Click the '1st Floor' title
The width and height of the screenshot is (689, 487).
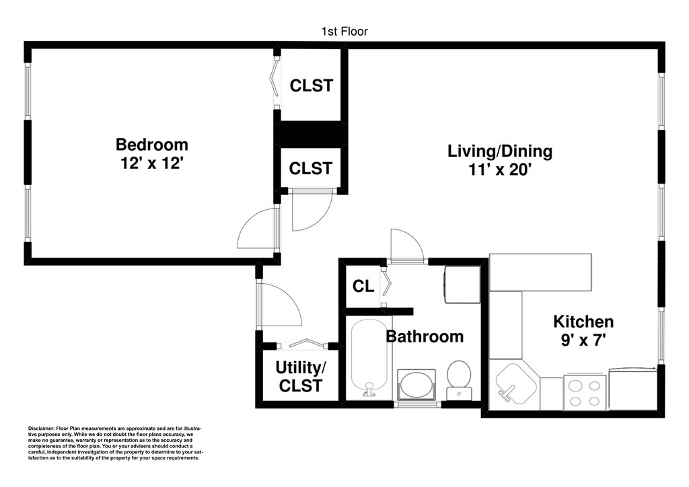coord(344,32)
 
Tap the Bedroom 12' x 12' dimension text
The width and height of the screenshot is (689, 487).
coord(151,163)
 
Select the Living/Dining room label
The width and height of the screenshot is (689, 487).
coord(500,151)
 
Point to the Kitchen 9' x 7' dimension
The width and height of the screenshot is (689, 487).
coord(583,340)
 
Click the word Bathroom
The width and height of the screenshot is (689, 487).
coord(425,337)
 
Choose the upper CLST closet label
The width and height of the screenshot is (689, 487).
coord(311,85)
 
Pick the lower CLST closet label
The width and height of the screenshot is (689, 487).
coord(311,168)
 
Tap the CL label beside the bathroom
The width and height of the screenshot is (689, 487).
coord(363,287)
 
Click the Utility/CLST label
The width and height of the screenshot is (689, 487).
coord(301,376)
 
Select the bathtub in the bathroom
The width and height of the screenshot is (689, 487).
coord(369,358)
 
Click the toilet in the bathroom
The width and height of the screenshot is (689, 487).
coord(459,380)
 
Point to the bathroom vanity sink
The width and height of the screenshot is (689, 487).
coord(416,384)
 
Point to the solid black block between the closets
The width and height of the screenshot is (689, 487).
coord(311,134)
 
